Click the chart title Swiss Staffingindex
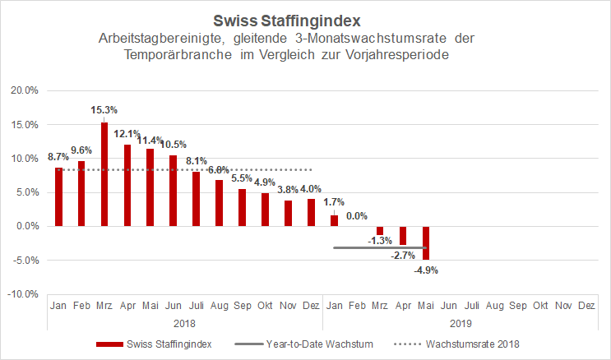click(306, 19)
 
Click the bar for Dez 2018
click(311, 212)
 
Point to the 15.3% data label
click(104, 109)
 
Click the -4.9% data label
click(426, 269)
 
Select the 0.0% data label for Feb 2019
click(357, 215)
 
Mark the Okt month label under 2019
click(540, 306)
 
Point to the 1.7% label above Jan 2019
click(334, 201)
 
